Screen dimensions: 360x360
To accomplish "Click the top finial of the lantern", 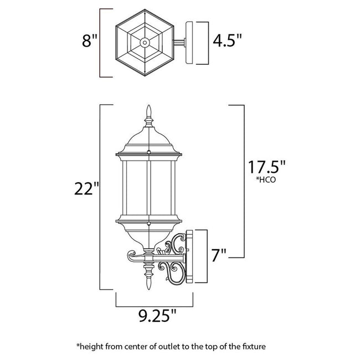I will (148, 114).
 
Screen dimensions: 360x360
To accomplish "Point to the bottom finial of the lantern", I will (148, 282).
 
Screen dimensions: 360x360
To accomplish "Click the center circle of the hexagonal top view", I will (145, 42).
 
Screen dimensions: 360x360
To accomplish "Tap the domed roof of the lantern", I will (148, 138).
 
